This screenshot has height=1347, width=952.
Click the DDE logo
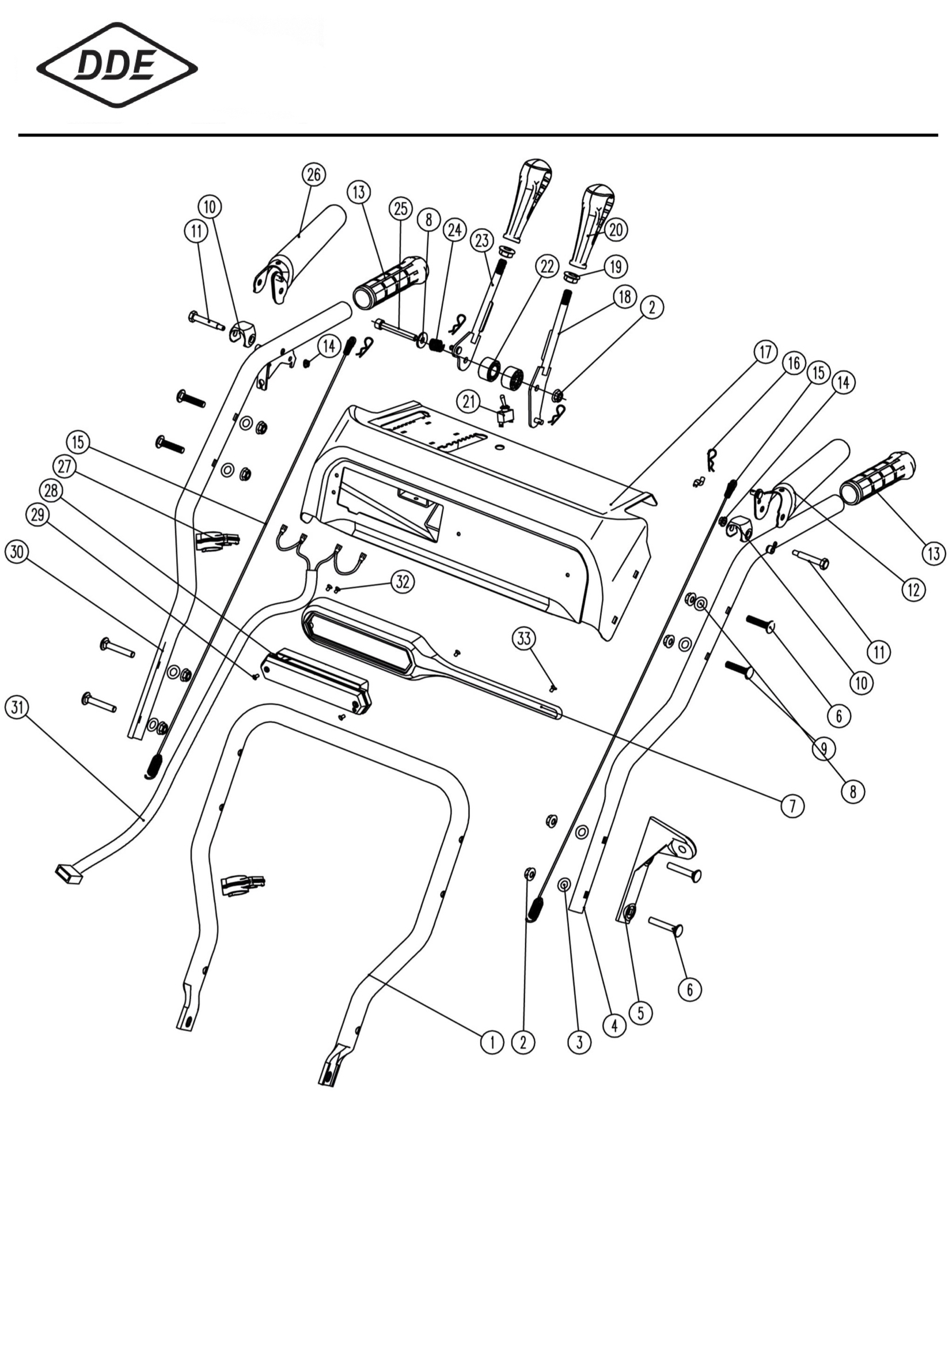point(117,65)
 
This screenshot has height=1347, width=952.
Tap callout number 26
point(314,174)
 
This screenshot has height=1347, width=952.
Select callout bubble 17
point(765,353)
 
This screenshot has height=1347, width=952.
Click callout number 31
point(17,707)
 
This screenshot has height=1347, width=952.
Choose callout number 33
point(524,638)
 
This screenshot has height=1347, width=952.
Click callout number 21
point(469,403)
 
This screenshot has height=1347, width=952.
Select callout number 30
point(17,552)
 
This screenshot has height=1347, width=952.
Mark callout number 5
point(640,1013)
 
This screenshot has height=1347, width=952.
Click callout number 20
point(615,229)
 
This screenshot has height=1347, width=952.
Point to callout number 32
point(403,582)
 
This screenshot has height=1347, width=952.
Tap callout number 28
point(51,490)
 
